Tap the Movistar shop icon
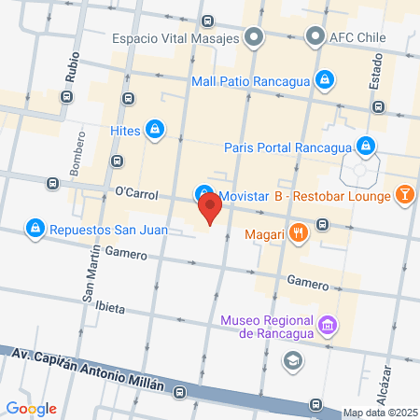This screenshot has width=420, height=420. point(203,194)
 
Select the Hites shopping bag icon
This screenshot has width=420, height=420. point(156,130)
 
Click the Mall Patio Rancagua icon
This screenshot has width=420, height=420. point(324,80)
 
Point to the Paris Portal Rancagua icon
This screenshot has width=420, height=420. point(368,146)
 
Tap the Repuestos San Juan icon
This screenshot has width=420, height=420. point(35,227)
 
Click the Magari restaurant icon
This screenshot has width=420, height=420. point(298,233)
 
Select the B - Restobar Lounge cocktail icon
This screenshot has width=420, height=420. point(405,194)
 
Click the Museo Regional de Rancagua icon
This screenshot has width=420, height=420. point(327,327)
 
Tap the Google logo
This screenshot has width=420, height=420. point(30,408)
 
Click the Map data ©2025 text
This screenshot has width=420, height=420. point(379,413)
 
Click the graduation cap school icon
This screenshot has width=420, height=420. point(294,359)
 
